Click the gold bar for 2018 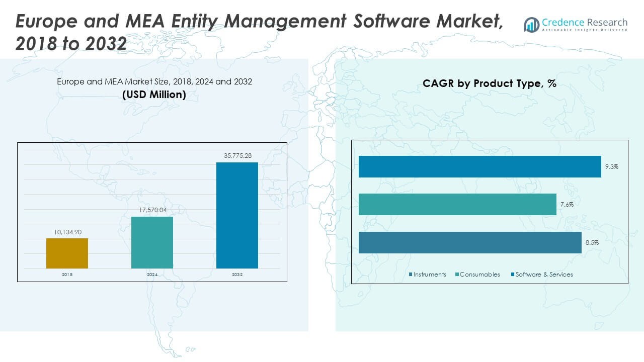[67, 253]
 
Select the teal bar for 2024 [152, 242]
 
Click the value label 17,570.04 [152, 210]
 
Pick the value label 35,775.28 [237, 156]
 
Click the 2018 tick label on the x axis [67, 275]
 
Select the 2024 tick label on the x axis [152, 275]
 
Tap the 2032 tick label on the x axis [237, 275]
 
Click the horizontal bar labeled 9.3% [479, 166]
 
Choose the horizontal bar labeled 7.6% [457, 204]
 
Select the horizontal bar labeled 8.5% [470, 242]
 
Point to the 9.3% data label [612, 166]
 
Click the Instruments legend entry [429, 275]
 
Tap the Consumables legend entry [479, 275]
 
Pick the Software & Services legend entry [544, 275]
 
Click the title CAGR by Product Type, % [490, 84]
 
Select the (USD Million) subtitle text [154, 95]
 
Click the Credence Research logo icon [531, 25]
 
